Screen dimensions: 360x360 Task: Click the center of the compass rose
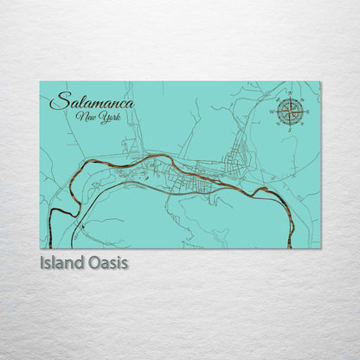[290, 110]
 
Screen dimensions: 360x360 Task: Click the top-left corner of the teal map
[40, 82]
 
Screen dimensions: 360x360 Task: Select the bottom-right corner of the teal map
[320, 248]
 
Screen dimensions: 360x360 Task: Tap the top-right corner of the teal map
[320, 82]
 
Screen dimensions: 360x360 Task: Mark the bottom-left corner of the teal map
[40, 248]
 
